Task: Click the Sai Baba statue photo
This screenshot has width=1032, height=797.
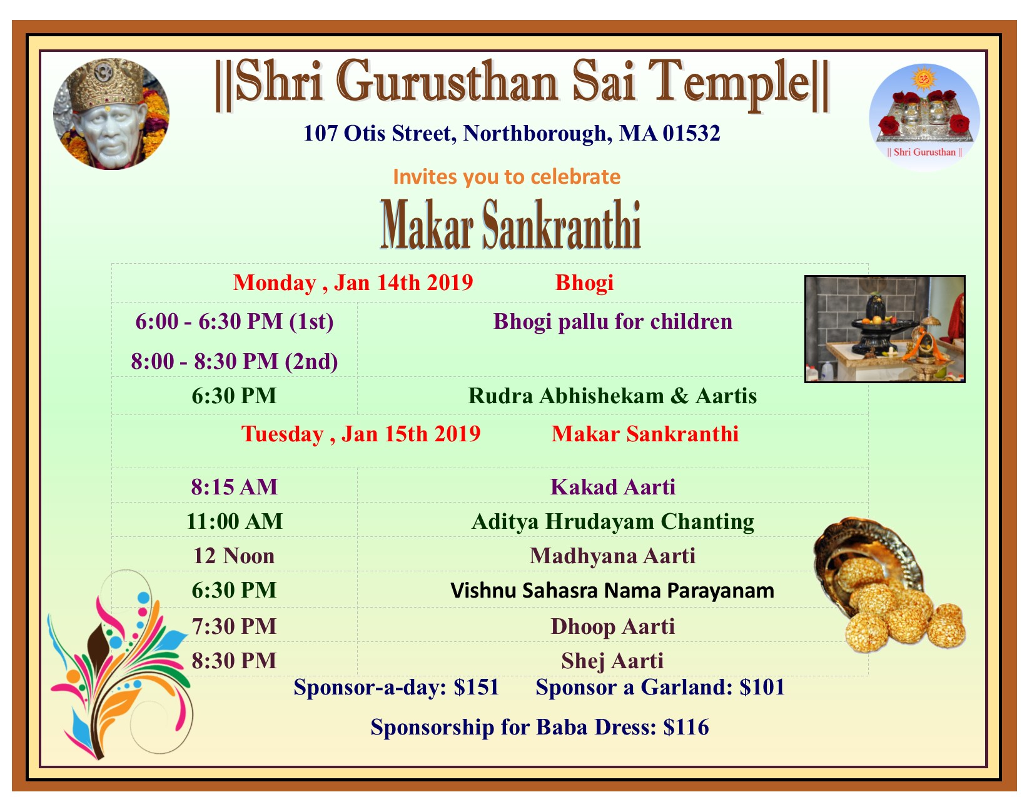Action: [x=111, y=114]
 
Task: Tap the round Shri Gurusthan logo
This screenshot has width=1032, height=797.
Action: [x=924, y=118]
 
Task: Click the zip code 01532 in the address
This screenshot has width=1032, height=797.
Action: [x=692, y=133]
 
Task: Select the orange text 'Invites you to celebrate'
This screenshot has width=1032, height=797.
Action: [x=507, y=177]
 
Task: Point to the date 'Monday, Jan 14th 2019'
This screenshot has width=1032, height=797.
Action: [x=353, y=283]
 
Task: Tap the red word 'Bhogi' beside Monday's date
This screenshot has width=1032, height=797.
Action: [x=585, y=283]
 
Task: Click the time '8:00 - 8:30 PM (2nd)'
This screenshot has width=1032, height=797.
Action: [x=235, y=362]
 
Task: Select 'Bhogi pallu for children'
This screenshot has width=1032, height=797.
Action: [x=613, y=322]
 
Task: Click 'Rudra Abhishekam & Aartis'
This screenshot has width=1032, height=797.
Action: [x=613, y=396]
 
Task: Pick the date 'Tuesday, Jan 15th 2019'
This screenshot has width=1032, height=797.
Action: [x=361, y=434]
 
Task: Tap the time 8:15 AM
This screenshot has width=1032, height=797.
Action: [x=234, y=487]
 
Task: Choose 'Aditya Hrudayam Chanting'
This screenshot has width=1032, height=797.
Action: [x=613, y=522]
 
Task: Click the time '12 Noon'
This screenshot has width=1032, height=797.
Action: [x=234, y=556]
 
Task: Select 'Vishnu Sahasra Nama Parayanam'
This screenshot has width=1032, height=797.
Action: [x=613, y=591]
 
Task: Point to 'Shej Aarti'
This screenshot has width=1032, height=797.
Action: [x=613, y=661]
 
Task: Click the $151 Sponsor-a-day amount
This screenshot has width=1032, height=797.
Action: [x=477, y=688]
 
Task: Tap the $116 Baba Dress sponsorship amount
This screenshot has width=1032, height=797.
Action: [x=686, y=728]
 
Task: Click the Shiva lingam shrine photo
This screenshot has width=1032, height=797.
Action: [x=885, y=329]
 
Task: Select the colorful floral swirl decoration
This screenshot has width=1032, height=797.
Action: [x=121, y=664]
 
